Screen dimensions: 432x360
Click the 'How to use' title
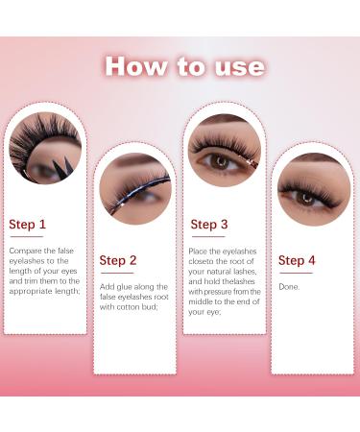pos(182,65)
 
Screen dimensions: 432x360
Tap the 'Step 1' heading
pos(27,225)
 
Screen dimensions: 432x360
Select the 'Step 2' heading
pos(118,260)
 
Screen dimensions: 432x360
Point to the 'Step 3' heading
pos(208,225)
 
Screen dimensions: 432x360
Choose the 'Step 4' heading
pos(297,260)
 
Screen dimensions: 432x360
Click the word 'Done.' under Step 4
pos(289,286)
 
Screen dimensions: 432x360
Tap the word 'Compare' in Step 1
pos(26,251)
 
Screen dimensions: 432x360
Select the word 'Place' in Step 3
pos(202,251)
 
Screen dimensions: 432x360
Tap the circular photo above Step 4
pos(312,188)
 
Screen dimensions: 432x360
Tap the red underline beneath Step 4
pos(296,272)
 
